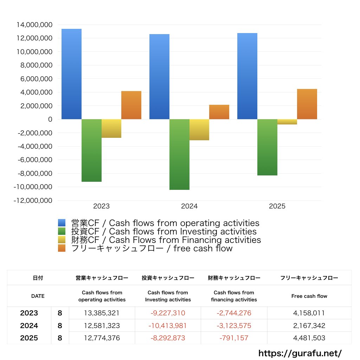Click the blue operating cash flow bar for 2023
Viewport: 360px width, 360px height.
(x=71, y=74)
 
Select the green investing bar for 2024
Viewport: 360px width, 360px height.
(x=179, y=154)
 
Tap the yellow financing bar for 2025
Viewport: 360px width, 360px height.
(x=287, y=122)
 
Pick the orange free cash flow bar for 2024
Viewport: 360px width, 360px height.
(x=219, y=112)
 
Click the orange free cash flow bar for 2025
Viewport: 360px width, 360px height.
(x=307, y=104)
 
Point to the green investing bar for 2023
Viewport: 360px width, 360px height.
(x=91, y=150)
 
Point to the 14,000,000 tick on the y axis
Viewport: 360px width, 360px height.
(x=34, y=25)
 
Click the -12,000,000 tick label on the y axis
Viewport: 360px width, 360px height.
(x=33, y=200)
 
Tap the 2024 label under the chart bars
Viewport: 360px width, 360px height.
(x=189, y=206)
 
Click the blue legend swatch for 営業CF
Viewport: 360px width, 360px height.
(x=62, y=223)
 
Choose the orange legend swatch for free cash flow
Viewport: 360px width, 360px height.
(x=62, y=248)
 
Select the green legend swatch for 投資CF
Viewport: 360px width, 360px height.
(x=62, y=231)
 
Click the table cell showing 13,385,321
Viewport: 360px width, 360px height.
(x=102, y=313)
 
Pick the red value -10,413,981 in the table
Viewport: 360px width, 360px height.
(x=168, y=326)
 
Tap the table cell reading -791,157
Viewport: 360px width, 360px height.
(x=234, y=338)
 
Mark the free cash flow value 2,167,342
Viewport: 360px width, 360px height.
(x=309, y=326)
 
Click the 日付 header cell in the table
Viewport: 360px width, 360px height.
(x=38, y=278)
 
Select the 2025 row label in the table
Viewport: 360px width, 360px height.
(x=29, y=338)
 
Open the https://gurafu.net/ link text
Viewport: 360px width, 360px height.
(x=300, y=353)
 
